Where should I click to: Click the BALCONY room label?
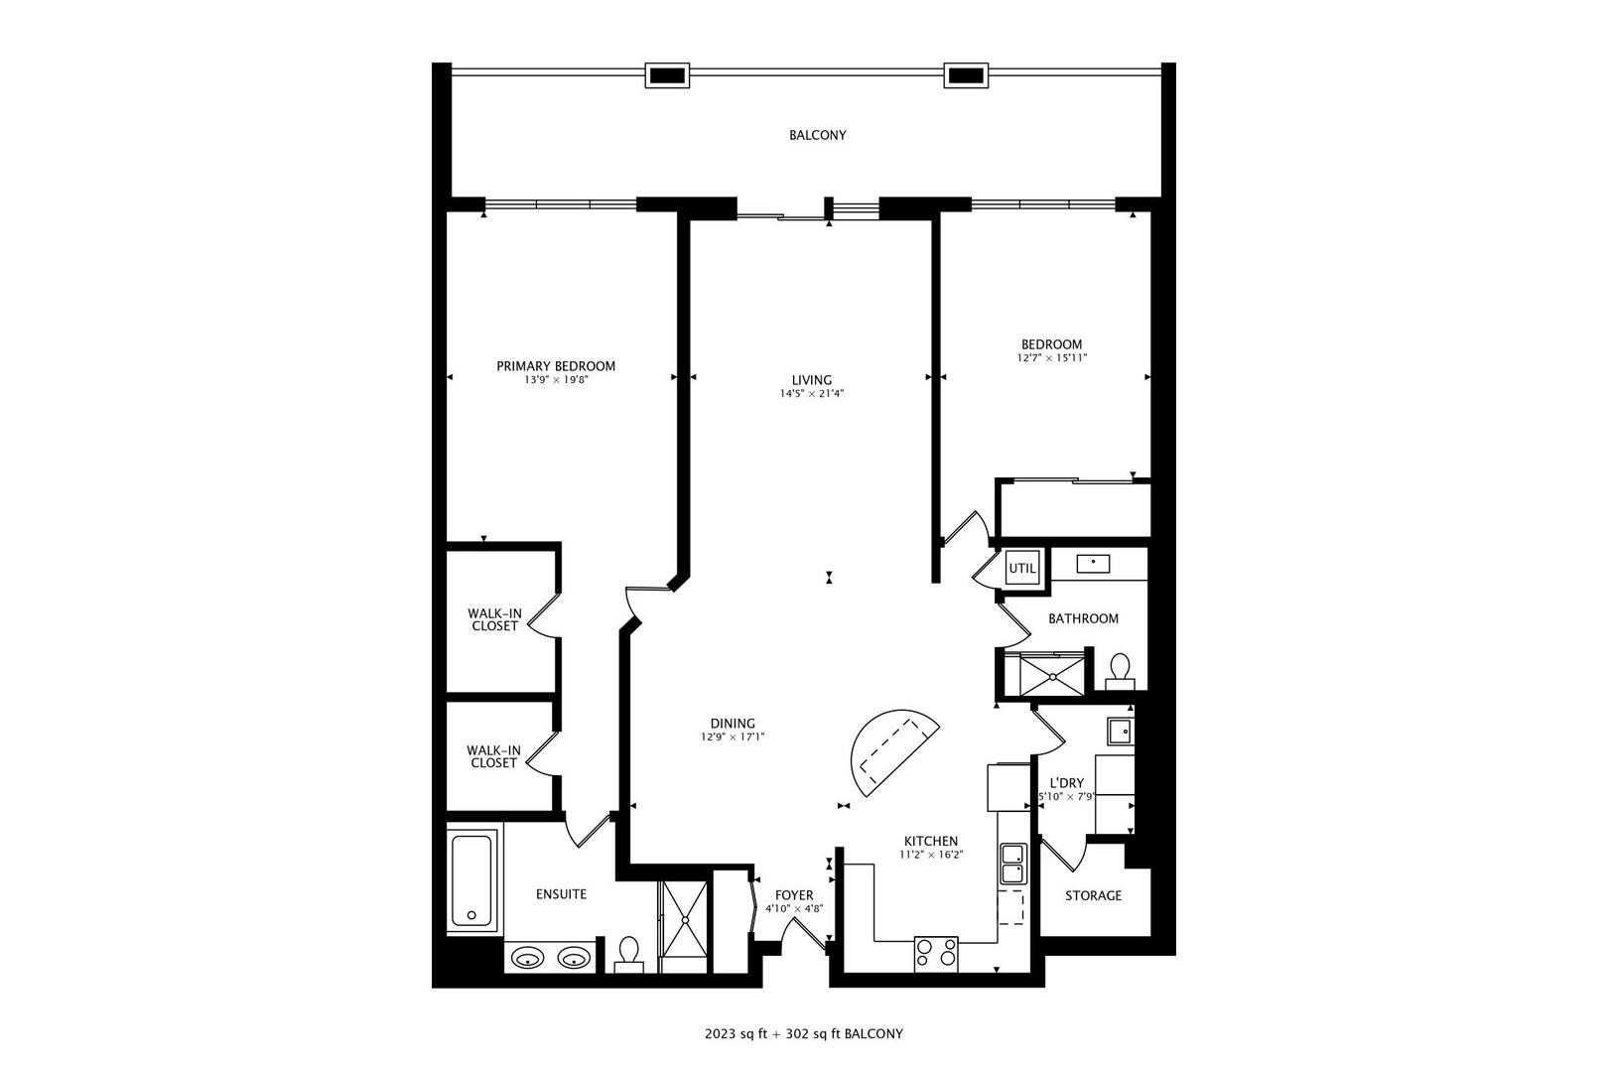[817, 135]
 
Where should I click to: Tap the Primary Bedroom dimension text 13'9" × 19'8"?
[556, 380]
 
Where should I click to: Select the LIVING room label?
[811, 380]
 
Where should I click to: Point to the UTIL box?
[1022, 569]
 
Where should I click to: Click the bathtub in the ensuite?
[471, 880]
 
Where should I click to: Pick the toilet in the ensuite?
[628, 953]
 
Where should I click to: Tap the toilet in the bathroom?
[1121, 670]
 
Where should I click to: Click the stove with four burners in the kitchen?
[936, 953]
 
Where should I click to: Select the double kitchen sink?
[1013, 864]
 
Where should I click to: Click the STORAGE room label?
[1093, 895]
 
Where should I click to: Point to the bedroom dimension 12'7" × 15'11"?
[1052, 358]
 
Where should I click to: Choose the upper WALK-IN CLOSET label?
[494, 619]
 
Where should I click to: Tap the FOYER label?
[794, 895]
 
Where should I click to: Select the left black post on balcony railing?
[666, 74]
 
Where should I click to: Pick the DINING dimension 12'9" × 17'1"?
[733, 737]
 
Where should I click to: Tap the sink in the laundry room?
[1121, 732]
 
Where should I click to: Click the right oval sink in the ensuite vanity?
[574, 959]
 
